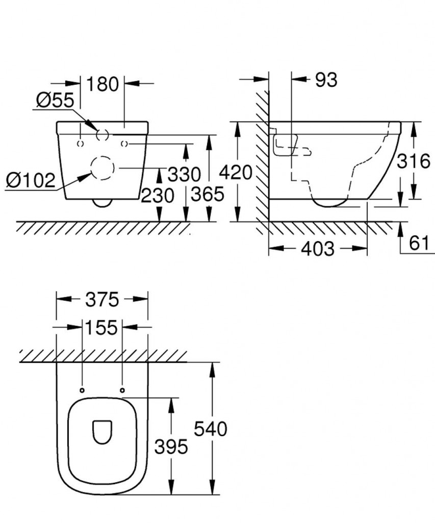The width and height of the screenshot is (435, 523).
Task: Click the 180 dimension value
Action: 103,84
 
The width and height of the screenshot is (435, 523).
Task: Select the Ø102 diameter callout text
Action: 30,180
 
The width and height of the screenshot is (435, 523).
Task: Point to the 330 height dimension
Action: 184,175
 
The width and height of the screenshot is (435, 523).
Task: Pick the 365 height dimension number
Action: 207,194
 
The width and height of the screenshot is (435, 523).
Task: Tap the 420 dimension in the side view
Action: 235,173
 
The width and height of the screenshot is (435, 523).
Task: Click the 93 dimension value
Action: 326,80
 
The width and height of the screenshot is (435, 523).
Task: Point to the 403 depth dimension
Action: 317,249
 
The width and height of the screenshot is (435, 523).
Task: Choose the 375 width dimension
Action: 102,299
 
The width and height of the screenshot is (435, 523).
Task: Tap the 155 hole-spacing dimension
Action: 101,327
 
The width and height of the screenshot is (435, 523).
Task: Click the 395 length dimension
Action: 171,447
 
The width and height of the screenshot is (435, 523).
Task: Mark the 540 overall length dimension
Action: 210,429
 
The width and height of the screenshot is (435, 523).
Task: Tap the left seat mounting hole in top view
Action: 83,391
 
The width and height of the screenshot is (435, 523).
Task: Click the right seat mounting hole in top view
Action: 122,391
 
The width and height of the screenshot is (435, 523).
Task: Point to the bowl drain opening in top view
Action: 103,432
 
